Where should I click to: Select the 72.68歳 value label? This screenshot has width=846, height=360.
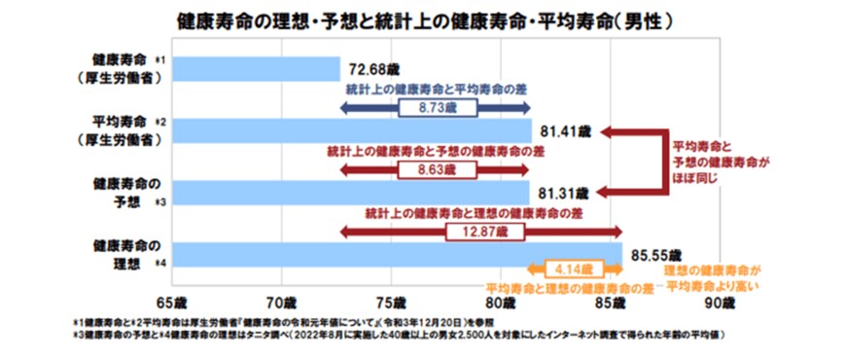(x=373, y=71)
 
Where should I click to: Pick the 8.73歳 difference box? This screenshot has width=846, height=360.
(x=438, y=109)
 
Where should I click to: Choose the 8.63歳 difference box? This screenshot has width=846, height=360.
(x=438, y=169)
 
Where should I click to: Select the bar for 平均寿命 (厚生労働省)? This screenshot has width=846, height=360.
(x=354, y=131)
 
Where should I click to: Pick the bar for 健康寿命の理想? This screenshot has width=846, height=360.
(x=399, y=252)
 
